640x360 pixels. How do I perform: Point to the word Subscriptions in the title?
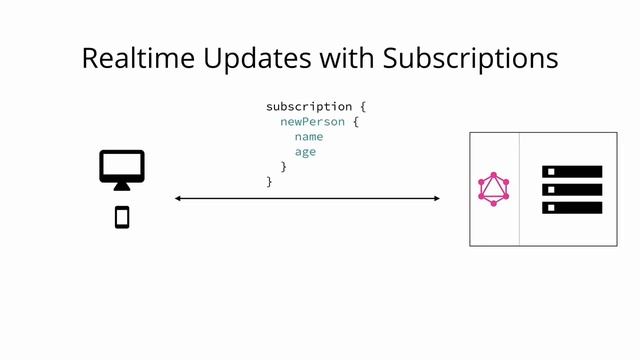pyautogui.click(x=470, y=58)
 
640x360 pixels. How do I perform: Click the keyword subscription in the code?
pyautogui.click(x=309, y=106)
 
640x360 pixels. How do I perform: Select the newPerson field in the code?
pyautogui.click(x=312, y=121)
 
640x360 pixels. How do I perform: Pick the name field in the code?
pyautogui.click(x=308, y=136)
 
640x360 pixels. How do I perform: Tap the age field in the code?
pyautogui.click(x=305, y=151)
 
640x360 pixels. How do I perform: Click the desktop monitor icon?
pyautogui.click(x=122, y=166)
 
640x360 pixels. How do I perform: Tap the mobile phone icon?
pyautogui.click(x=122, y=216)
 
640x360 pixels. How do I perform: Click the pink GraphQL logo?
pyautogui.click(x=494, y=188)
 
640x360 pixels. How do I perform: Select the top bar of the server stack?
pyautogui.click(x=572, y=172)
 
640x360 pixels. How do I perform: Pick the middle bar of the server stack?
pyautogui.click(x=572, y=189)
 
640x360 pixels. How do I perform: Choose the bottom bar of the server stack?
pyautogui.click(x=572, y=207)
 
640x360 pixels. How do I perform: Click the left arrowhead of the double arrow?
pyautogui.click(x=178, y=199)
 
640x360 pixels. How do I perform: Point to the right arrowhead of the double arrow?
pyautogui.click(x=436, y=199)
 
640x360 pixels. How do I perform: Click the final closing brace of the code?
pyautogui.click(x=269, y=181)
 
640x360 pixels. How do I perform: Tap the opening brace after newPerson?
pyautogui.click(x=355, y=121)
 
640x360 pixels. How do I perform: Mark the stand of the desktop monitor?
pyautogui.click(x=122, y=186)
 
